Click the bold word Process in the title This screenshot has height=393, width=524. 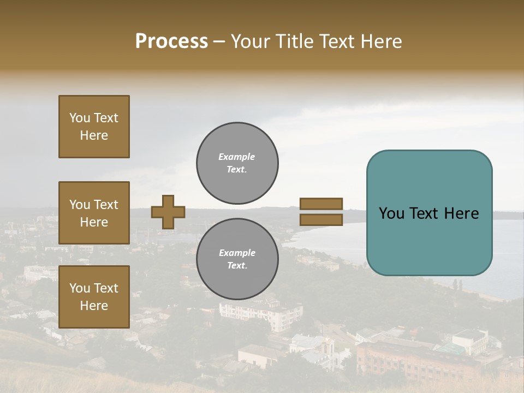tap(171, 41)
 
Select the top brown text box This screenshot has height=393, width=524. tap(94, 127)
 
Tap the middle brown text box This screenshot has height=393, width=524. tap(94, 213)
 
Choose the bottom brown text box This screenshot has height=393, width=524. tap(94, 297)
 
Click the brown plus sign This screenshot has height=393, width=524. tap(168, 212)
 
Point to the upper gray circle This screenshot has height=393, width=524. tap(237, 163)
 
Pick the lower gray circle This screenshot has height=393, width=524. tap(237, 259)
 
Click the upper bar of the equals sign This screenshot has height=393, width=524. tap(321, 204)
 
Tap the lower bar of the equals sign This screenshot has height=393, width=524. tap(321, 219)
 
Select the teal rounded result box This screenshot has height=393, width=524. tap(429, 213)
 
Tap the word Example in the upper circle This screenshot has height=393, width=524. tap(236, 157)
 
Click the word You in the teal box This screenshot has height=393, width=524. tap(391, 213)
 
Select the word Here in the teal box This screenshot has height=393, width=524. tap(461, 213)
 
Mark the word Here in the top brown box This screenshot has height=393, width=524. tap(94, 135)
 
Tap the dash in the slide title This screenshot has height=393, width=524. tap(219, 41)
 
